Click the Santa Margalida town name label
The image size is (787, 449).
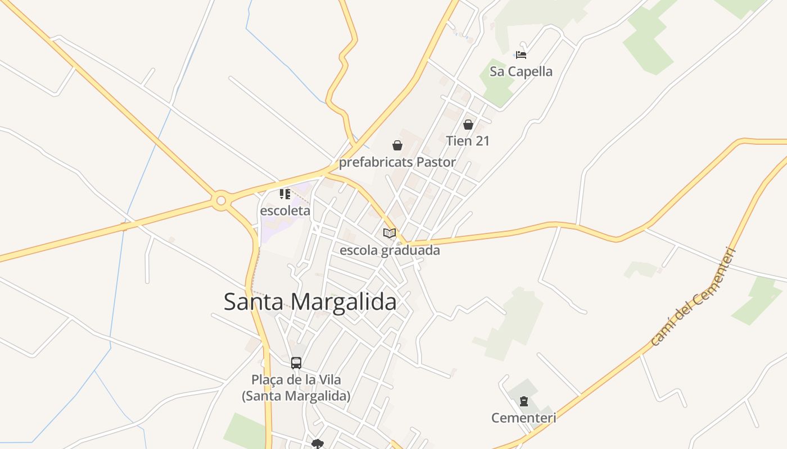(310, 302)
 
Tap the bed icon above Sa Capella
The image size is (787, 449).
(521, 55)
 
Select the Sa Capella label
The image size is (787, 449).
(521, 72)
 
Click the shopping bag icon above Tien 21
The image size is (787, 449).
(468, 125)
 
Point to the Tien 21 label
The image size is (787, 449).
(468, 141)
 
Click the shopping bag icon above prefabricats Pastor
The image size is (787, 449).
(397, 146)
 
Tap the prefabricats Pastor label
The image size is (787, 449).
(397, 163)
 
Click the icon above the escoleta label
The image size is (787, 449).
(285, 194)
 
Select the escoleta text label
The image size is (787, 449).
(285, 211)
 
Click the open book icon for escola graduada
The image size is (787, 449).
(390, 233)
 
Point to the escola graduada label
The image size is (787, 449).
(390, 250)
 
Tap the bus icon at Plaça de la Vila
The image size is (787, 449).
(296, 363)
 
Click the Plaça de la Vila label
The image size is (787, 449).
(296, 380)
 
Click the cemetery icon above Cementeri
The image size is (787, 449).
(524, 401)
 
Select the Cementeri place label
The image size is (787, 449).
(524, 418)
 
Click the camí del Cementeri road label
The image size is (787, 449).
(693, 296)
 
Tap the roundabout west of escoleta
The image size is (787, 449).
(221, 200)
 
